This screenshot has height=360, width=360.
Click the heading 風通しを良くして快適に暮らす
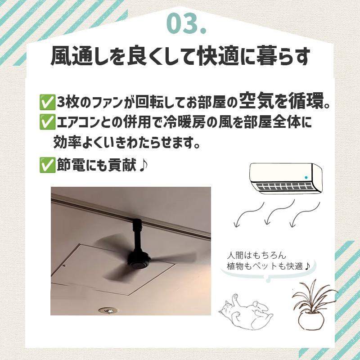180,57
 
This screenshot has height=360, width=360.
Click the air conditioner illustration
286,178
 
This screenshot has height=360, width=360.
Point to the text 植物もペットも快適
269,266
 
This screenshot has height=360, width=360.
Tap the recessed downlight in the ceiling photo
107,310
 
